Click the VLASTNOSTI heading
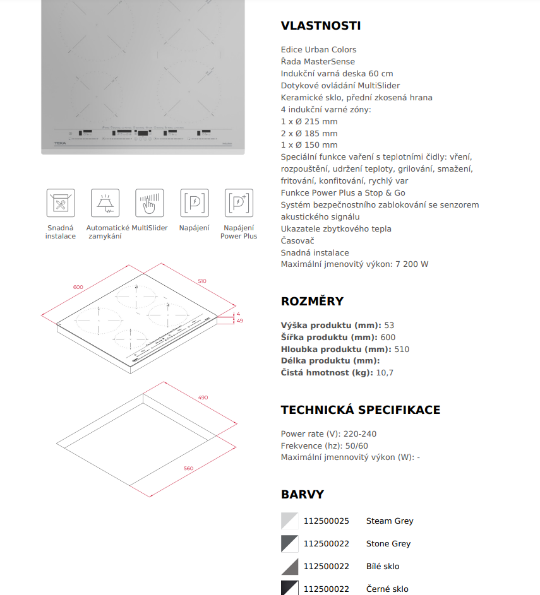pyautogui.click(x=320, y=26)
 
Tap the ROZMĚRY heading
pyautogui.click(x=312, y=302)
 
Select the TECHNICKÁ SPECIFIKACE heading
pyautogui.click(x=360, y=410)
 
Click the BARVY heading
pyautogui.click(x=302, y=495)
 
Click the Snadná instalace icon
pyautogui.click(x=61, y=203)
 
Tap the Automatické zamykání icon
pyautogui.click(x=105, y=203)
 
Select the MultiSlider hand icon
pyautogui.click(x=149, y=203)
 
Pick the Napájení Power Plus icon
pyautogui.click(x=239, y=203)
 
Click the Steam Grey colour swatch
pyautogui.click(x=289, y=521)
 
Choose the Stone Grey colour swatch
pyautogui.click(x=289, y=544)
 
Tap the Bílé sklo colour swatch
pyautogui.click(x=289, y=567)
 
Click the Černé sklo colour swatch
pyautogui.click(x=289, y=588)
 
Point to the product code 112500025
pyautogui.click(x=326, y=521)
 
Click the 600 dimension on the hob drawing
pyautogui.click(x=78, y=287)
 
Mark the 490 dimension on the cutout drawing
pyautogui.click(x=203, y=398)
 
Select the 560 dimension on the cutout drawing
pyautogui.click(x=188, y=468)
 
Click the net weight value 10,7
pyautogui.click(x=385, y=373)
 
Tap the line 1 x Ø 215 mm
pyautogui.click(x=309, y=122)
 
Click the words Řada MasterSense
pyautogui.click(x=318, y=62)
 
